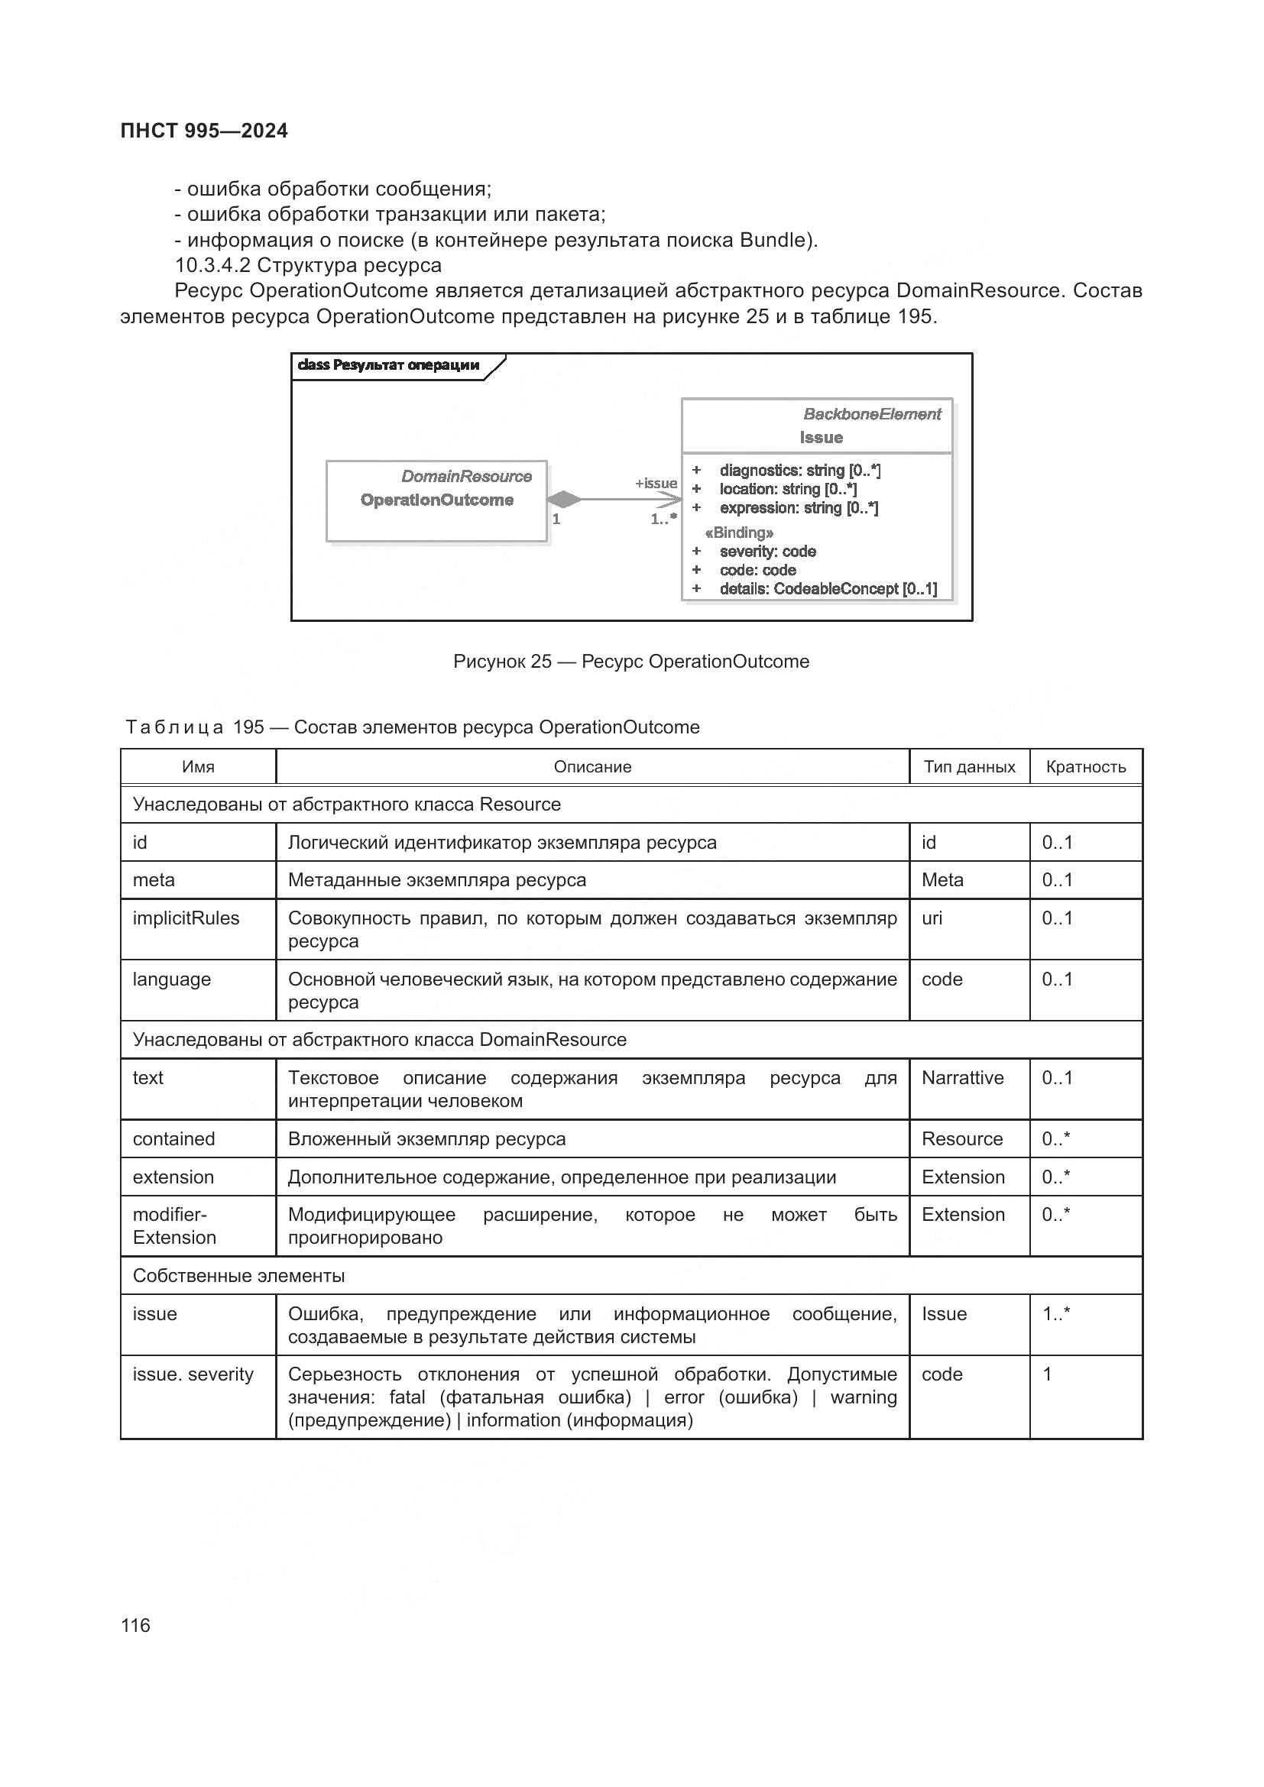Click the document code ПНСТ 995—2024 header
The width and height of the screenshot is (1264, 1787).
tap(204, 131)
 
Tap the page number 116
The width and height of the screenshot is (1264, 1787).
tap(135, 1625)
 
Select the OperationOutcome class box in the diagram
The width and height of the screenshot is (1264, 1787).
tap(436, 500)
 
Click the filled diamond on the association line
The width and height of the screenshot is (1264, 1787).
tap(563, 499)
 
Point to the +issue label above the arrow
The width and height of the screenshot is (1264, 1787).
tap(656, 484)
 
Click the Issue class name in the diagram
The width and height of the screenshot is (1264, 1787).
tap(820, 438)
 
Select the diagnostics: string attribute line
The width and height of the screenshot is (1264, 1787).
tap(799, 470)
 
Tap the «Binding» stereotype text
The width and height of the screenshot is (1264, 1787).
tap(739, 533)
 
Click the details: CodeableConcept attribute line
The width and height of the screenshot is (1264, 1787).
tap(828, 588)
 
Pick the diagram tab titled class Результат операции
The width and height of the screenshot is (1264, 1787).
tap(389, 365)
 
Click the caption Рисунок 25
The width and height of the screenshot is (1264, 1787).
tap(630, 662)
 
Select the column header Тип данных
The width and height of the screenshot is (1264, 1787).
tap(969, 766)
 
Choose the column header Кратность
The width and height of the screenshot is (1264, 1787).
tap(1085, 766)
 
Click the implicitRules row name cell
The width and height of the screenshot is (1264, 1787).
tap(186, 918)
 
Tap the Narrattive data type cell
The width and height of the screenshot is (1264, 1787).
tap(962, 1078)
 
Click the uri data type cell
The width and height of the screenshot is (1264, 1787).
tap(932, 918)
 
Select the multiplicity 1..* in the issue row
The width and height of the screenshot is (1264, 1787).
tap(1056, 1314)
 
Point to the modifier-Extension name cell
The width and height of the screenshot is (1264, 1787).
tap(174, 1225)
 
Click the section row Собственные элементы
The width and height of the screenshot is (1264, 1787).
tap(239, 1276)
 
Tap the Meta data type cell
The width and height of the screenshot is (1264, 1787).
tap(942, 880)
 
